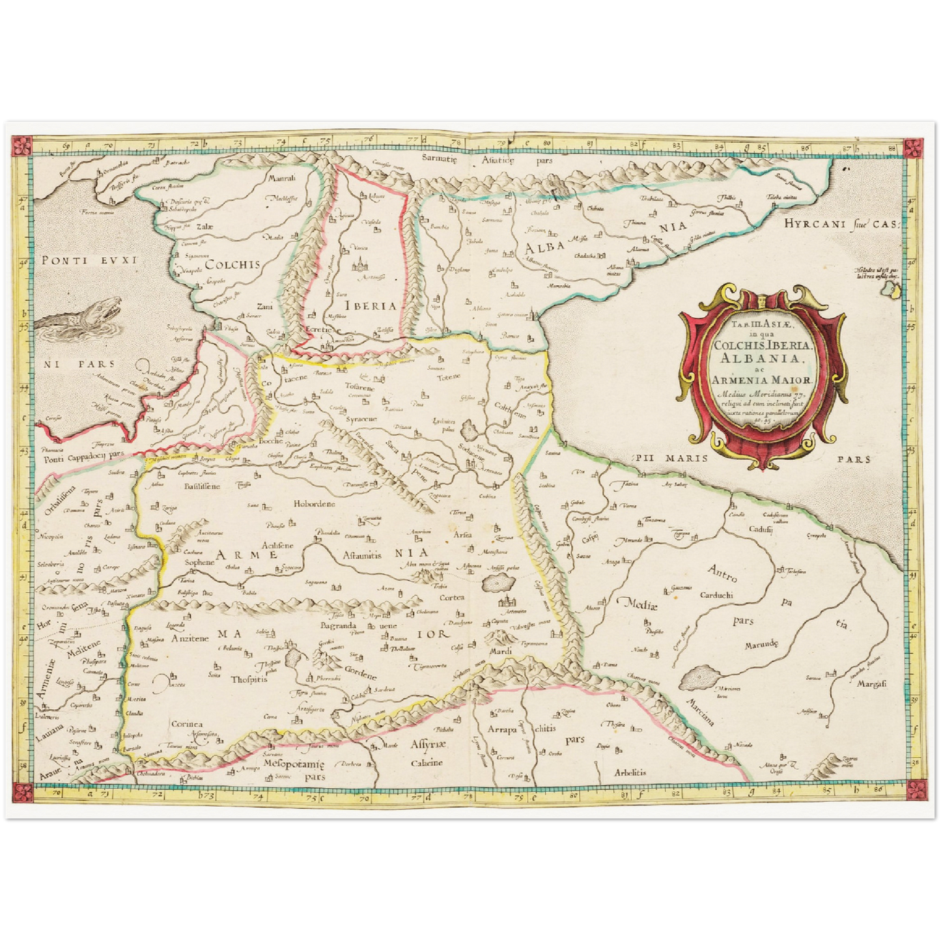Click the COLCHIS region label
tap(232, 264)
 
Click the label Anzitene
tap(190, 639)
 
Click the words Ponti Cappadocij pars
tap(83, 458)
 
